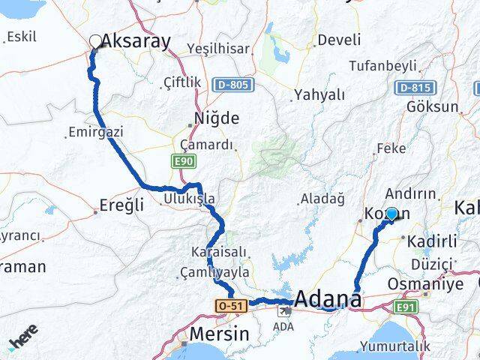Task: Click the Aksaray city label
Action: click(x=136, y=41)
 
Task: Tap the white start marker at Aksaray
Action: click(x=95, y=41)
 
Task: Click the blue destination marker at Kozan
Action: click(x=391, y=214)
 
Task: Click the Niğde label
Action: click(x=216, y=118)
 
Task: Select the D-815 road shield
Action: click(x=414, y=88)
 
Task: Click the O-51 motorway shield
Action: click(x=229, y=306)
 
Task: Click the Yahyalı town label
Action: click(x=319, y=94)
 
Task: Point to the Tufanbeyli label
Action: click(x=380, y=66)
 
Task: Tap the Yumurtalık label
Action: click(x=396, y=346)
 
